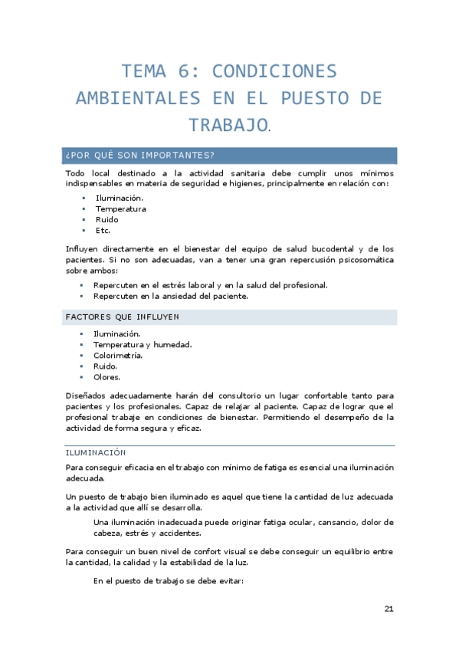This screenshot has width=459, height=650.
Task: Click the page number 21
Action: pyautogui.click(x=389, y=609)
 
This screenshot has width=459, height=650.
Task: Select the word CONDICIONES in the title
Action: pyautogui.click(x=274, y=72)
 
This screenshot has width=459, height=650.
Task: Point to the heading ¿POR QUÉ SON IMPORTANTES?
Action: pyautogui.click(x=140, y=156)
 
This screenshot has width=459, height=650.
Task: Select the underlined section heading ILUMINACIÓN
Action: pyautogui.click(x=96, y=452)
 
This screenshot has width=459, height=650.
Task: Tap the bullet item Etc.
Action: pyautogui.click(x=103, y=230)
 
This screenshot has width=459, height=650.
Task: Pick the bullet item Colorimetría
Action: pyautogui.click(x=118, y=355)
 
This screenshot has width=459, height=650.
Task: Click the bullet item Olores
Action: pyautogui.click(x=107, y=376)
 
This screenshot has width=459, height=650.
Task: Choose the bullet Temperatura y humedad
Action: pyautogui.click(x=142, y=344)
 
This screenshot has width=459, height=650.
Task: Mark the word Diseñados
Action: pyautogui.click(x=87, y=396)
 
